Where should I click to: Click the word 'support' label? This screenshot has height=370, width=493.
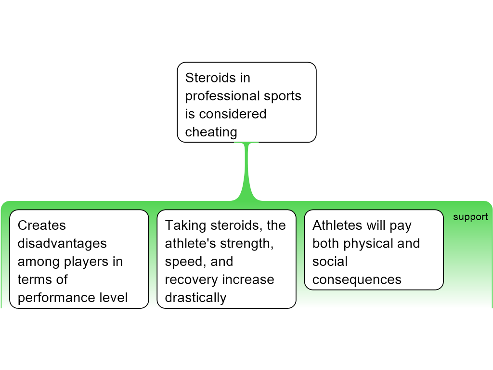pos(470,217)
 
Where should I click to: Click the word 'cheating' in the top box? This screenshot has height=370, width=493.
pos(211,132)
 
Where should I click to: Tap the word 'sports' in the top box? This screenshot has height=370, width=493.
pos(283,96)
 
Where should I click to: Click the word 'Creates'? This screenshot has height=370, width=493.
pos(42,225)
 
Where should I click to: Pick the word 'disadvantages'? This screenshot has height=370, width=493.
pos(62,243)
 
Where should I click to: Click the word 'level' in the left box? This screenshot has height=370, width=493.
pos(115,298)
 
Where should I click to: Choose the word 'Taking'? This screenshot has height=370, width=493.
pos(185,225)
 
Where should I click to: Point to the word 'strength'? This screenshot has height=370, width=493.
pos(246,243)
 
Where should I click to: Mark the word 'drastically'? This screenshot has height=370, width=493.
pos(195,298)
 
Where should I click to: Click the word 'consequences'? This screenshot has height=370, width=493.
pos(357,280)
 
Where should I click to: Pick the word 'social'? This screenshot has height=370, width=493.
pos(330,262)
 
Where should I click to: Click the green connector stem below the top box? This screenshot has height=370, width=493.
pos(248,169)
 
